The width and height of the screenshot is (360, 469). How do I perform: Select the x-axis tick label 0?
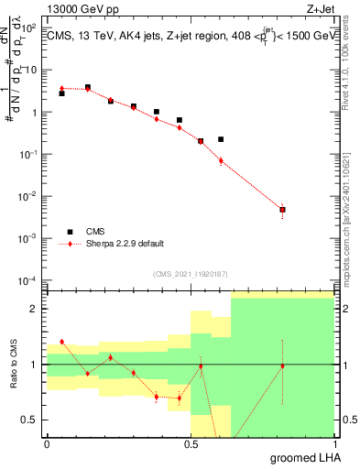47,444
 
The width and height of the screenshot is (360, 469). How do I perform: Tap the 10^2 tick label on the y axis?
29,28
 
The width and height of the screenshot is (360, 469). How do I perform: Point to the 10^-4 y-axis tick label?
28,280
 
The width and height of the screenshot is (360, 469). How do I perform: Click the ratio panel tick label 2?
34,309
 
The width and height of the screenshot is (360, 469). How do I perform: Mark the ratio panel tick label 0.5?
29,420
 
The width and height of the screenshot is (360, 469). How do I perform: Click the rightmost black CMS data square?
282,210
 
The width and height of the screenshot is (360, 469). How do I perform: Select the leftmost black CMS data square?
61,93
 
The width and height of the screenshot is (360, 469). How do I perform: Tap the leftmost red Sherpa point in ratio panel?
61,342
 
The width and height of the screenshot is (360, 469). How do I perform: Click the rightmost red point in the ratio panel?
282,365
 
